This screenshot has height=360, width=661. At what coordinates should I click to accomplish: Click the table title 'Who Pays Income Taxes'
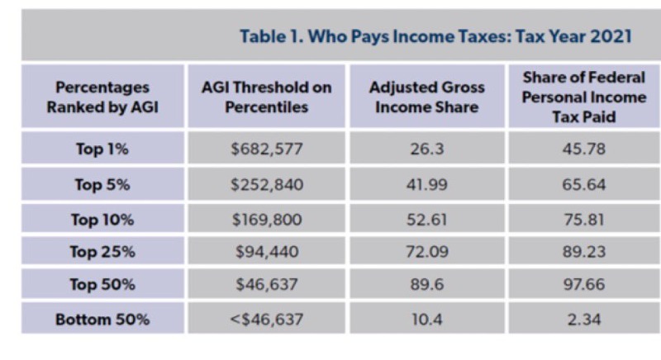[x=435, y=36]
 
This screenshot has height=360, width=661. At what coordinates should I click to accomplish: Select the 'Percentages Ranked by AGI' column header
[x=102, y=97]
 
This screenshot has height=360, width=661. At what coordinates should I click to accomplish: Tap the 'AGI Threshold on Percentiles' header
[x=266, y=97]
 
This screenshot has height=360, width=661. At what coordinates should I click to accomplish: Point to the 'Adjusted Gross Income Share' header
[x=427, y=97]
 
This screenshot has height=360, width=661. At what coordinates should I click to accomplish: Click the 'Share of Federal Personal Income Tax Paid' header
[x=583, y=97]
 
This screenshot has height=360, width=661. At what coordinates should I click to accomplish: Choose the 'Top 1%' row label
[x=102, y=149]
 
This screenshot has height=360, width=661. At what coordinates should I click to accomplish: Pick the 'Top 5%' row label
[x=102, y=184]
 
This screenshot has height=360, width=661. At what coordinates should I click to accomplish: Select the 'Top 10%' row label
[x=102, y=219]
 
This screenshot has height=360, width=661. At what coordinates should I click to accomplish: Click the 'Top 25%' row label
[x=102, y=252]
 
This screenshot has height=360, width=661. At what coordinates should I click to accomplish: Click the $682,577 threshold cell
[x=266, y=149]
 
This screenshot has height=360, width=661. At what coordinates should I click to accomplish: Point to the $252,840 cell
[x=266, y=184]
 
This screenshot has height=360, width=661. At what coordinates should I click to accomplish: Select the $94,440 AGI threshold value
[x=266, y=252]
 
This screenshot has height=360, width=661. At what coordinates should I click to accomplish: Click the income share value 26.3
[x=427, y=149]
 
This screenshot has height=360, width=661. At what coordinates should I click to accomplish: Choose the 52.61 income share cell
[x=427, y=219]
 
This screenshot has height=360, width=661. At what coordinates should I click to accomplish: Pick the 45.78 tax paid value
[x=583, y=149]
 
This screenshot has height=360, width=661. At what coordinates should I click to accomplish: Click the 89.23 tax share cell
[x=583, y=252]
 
